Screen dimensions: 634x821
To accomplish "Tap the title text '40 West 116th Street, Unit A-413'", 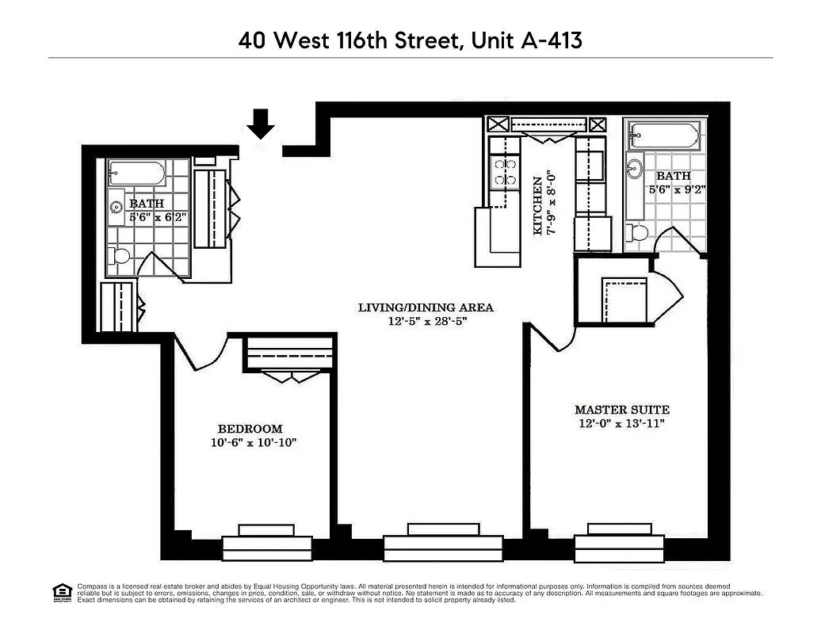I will [x=410, y=40].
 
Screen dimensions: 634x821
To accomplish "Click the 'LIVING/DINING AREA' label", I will [x=426, y=307].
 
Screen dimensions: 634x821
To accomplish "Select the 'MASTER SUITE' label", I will [x=621, y=410].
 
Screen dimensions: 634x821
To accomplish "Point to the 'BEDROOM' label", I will [x=250, y=429].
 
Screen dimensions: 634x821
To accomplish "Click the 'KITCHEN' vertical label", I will [x=538, y=206].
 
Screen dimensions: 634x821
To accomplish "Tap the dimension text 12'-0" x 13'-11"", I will [x=621, y=424].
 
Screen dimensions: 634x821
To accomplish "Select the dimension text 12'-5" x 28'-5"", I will [x=426, y=322].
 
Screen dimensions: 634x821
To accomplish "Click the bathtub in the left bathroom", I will [x=137, y=173].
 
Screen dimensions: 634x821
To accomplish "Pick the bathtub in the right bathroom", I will [x=663, y=136].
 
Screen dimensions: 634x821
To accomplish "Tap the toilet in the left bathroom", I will [x=120, y=256].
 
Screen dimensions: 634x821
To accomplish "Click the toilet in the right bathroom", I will [x=638, y=232].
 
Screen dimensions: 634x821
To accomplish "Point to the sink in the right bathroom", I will [x=635, y=170].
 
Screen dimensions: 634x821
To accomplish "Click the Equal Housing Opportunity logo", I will [x=62, y=591].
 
